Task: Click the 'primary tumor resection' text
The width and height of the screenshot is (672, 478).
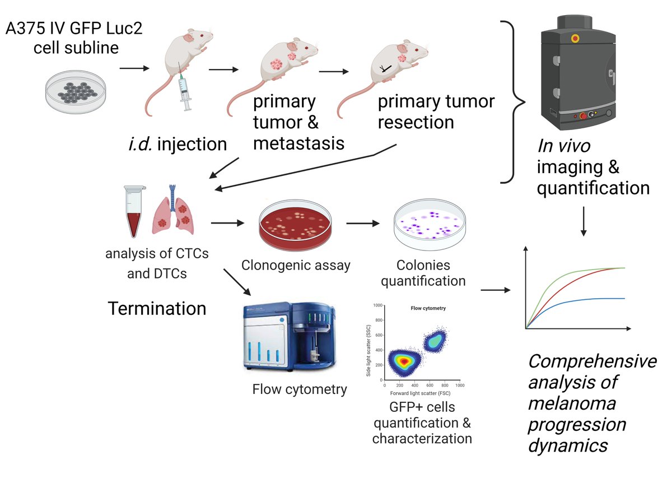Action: (x=436, y=112)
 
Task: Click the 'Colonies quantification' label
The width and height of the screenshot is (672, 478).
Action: (x=423, y=272)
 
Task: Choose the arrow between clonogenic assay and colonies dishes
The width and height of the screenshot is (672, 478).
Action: (x=363, y=224)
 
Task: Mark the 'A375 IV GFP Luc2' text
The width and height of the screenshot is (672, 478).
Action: (x=73, y=29)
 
